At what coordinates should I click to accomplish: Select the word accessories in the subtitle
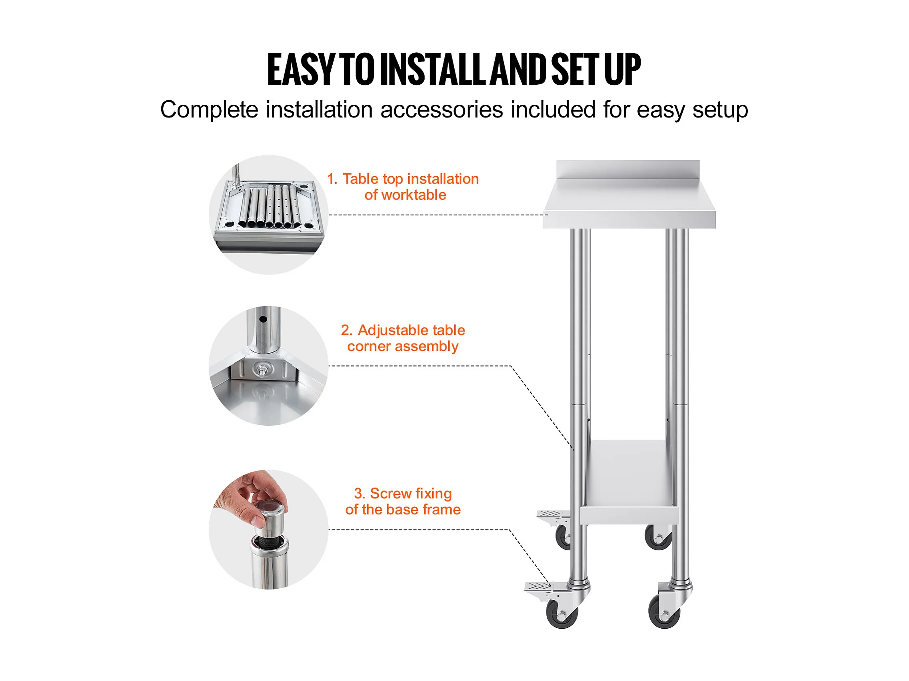click(x=442, y=110)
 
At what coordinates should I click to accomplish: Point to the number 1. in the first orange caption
click(x=332, y=179)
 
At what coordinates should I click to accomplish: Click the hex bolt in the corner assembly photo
click(x=260, y=370)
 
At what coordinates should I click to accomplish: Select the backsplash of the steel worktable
click(x=628, y=169)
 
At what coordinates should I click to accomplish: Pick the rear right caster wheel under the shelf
click(x=658, y=537)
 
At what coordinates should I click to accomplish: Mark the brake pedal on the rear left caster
click(x=550, y=514)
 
